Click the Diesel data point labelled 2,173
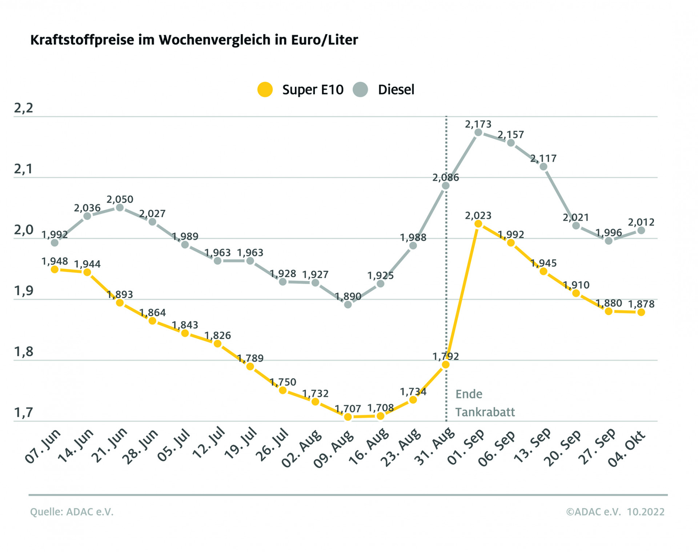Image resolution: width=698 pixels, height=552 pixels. (478, 133)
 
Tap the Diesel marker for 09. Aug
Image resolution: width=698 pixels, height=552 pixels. (348, 304)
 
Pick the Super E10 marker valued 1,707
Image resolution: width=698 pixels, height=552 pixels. (348, 417)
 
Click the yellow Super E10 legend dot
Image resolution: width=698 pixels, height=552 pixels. (265, 90)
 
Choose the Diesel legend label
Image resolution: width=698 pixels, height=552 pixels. (396, 90)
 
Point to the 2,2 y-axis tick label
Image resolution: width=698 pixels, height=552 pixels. (23, 108)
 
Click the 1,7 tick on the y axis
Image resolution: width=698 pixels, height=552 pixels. (23, 413)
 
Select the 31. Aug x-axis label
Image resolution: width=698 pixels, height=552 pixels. (435, 447)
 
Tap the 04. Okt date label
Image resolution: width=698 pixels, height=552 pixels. (627, 448)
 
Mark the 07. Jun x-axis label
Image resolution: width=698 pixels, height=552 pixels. (43, 447)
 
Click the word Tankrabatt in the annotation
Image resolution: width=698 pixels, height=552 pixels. (485, 412)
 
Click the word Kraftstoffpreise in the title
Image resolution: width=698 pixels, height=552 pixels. (82, 40)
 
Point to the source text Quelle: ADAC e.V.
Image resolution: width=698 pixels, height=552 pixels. (72, 512)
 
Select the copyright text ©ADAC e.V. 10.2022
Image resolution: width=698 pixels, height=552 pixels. (615, 512)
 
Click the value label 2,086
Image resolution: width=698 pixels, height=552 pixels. (446, 178)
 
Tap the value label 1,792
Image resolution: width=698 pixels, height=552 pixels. (446, 356)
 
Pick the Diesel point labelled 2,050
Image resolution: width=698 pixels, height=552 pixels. (120, 208)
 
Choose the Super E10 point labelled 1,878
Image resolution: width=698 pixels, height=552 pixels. (641, 312)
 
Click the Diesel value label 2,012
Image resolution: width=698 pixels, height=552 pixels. (641, 222)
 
